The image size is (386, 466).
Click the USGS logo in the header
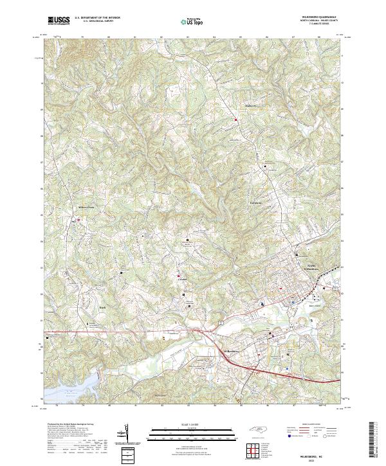tap(59, 21)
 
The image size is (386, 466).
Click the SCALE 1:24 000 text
tap(191, 425)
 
